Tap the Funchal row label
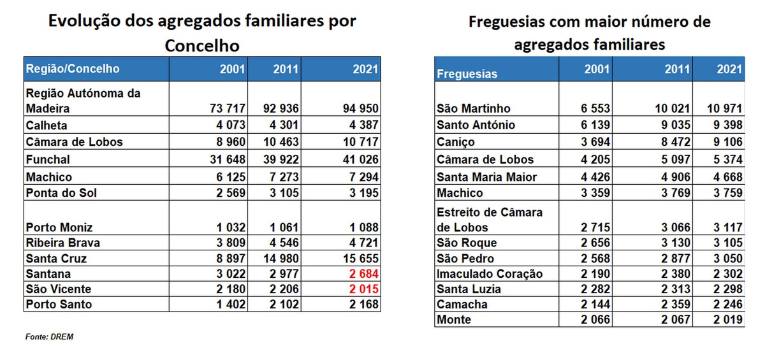(48, 159)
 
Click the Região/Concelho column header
(72, 69)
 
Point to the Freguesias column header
(467, 74)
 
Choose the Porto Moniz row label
(59, 227)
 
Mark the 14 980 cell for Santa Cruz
(277, 259)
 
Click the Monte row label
(454, 320)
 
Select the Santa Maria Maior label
(487, 177)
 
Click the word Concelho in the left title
(202, 46)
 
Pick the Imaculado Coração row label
(490, 274)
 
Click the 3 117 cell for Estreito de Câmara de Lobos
(725, 227)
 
